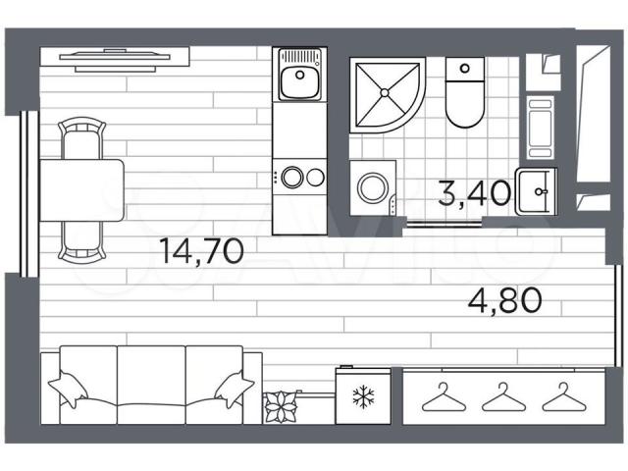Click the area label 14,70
(201, 251)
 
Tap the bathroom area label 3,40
(474, 193)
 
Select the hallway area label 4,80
(505, 300)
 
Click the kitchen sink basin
(300, 82)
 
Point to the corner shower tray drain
(385, 93)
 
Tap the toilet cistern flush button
(465, 68)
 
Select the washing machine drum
(373, 187)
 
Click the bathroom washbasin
(537, 192)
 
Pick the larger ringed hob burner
(292, 177)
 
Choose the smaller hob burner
(315, 177)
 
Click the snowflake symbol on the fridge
(363, 396)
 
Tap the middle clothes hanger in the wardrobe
(503, 397)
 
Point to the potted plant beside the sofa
(282, 407)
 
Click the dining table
(81, 190)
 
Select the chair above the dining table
(81, 138)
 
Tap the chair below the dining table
(81, 241)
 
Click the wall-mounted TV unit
(115, 59)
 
